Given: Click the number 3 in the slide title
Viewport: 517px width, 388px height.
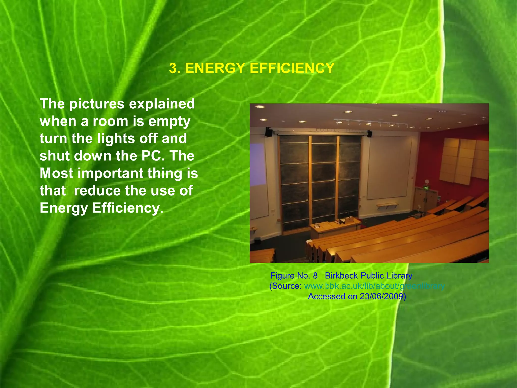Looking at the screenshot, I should click(x=173, y=68).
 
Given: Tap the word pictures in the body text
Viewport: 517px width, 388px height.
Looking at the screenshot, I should click(x=97, y=104).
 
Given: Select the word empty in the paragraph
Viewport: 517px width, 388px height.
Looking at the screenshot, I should click(x=169, y=122).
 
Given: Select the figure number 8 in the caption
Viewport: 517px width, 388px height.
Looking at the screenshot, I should click(x=315, y=276).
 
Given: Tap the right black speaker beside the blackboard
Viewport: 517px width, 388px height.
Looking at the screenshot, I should click(x=369, y=133).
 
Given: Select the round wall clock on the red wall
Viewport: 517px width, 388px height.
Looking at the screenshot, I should click(x=427, y=181).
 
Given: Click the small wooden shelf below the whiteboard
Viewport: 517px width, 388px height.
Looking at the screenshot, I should click(x=387, y=205).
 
